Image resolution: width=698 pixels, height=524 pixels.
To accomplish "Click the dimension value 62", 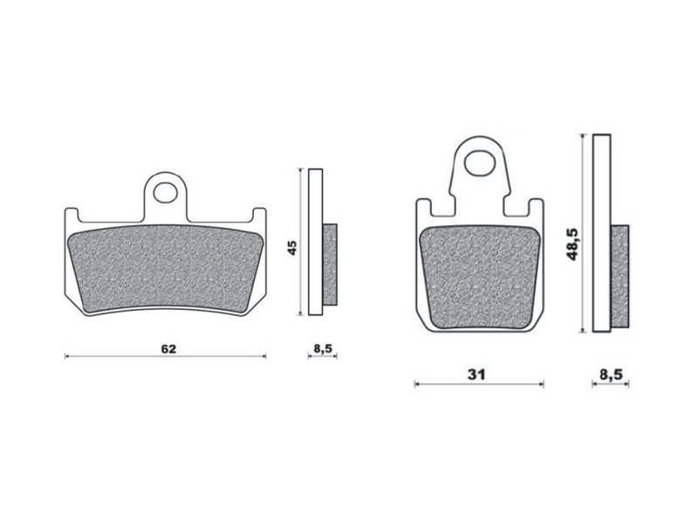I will click(168, 348).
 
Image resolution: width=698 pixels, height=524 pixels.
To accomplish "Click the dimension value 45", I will click(293, 246).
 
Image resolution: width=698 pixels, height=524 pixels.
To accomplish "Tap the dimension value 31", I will click(476, 375).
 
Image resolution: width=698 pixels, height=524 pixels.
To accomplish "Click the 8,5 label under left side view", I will click(322, 348).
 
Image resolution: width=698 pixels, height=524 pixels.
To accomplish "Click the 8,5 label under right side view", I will click(611, 375).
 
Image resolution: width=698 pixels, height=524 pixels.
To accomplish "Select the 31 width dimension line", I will click(436, 384).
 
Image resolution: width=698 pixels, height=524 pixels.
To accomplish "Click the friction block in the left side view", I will click(330, 265).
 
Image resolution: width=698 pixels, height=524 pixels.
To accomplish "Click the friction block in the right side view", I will click(619, 272).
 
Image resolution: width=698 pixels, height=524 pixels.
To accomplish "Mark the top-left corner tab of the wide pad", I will click(72, 214).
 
